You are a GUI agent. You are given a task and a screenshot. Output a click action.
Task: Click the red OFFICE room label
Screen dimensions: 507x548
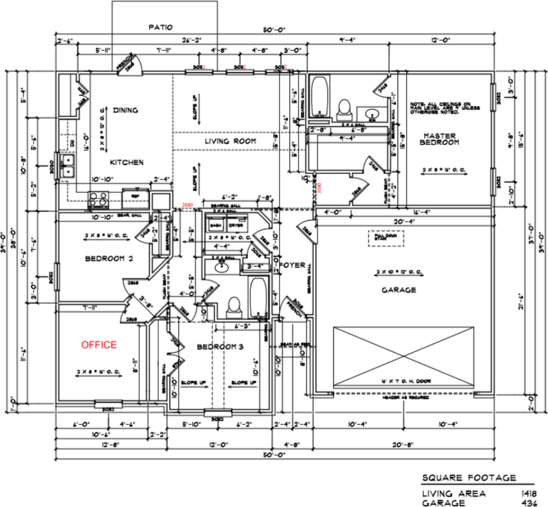point(98,345)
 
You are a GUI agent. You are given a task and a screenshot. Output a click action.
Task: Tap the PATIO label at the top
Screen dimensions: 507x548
point(161,27)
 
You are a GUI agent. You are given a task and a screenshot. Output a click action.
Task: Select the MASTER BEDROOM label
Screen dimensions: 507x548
point(440,138)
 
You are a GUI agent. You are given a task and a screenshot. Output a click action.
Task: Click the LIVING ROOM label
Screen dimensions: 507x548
point(231,141)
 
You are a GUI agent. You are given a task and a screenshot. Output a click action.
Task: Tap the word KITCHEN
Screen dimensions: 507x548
point(126,162)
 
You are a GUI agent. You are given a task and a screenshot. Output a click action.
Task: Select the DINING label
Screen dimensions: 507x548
point(125,110)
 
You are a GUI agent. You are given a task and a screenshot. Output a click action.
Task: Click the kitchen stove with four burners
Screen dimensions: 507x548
point(98,199)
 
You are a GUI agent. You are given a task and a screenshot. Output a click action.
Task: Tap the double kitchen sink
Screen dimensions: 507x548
point(68,165)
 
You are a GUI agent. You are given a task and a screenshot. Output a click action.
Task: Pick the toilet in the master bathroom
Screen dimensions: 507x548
point(344,107)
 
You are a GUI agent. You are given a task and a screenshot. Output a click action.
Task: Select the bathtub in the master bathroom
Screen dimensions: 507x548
point(319,97)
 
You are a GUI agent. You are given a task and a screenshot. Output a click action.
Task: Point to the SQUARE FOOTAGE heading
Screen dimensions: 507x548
point(469,478)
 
